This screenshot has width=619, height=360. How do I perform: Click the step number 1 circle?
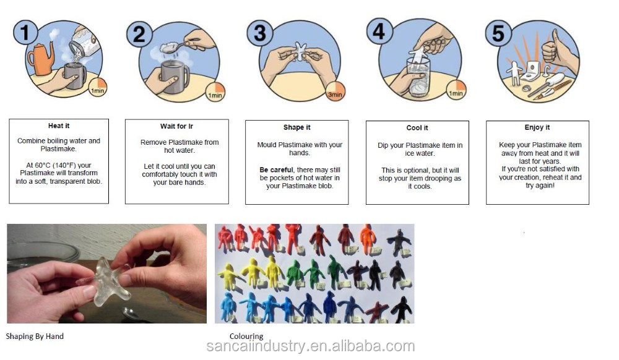point(25,33)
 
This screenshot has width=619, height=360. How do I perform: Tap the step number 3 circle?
point(260,33)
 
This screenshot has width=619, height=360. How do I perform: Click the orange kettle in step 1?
point(41,59)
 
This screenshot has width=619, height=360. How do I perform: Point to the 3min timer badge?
point(335,92)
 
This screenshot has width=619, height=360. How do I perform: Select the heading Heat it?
point(59,126)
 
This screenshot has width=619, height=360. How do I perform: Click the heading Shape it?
point(297,127)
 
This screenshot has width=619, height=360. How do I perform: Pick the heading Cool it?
point(417,128)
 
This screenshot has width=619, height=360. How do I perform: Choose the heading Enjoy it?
point(537,127)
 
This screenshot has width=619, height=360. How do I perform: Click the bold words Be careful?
point(276,170)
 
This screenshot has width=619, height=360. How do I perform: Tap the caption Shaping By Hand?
point(35,336)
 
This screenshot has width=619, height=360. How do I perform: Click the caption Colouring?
point(246,336)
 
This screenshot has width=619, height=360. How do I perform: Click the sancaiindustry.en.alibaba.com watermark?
point(311,346)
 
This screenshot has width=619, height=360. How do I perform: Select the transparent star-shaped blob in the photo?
point(104,281)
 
